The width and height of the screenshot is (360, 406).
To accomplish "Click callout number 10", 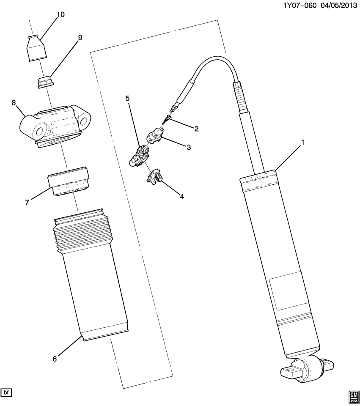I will [x=60, y=14].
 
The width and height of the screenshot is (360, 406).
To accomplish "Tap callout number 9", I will [x=80, y=37].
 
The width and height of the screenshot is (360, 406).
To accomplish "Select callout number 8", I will [x=14, y=103].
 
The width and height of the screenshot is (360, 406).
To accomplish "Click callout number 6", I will [x=54, y=359].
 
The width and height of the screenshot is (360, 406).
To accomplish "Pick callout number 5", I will [x=127, y=98].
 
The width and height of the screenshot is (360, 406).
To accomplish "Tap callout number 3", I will [x=189, y=147].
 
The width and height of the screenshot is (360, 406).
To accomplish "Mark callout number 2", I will [x=196, y=128].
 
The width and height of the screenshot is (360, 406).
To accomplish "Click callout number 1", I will [x=303, y=143].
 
